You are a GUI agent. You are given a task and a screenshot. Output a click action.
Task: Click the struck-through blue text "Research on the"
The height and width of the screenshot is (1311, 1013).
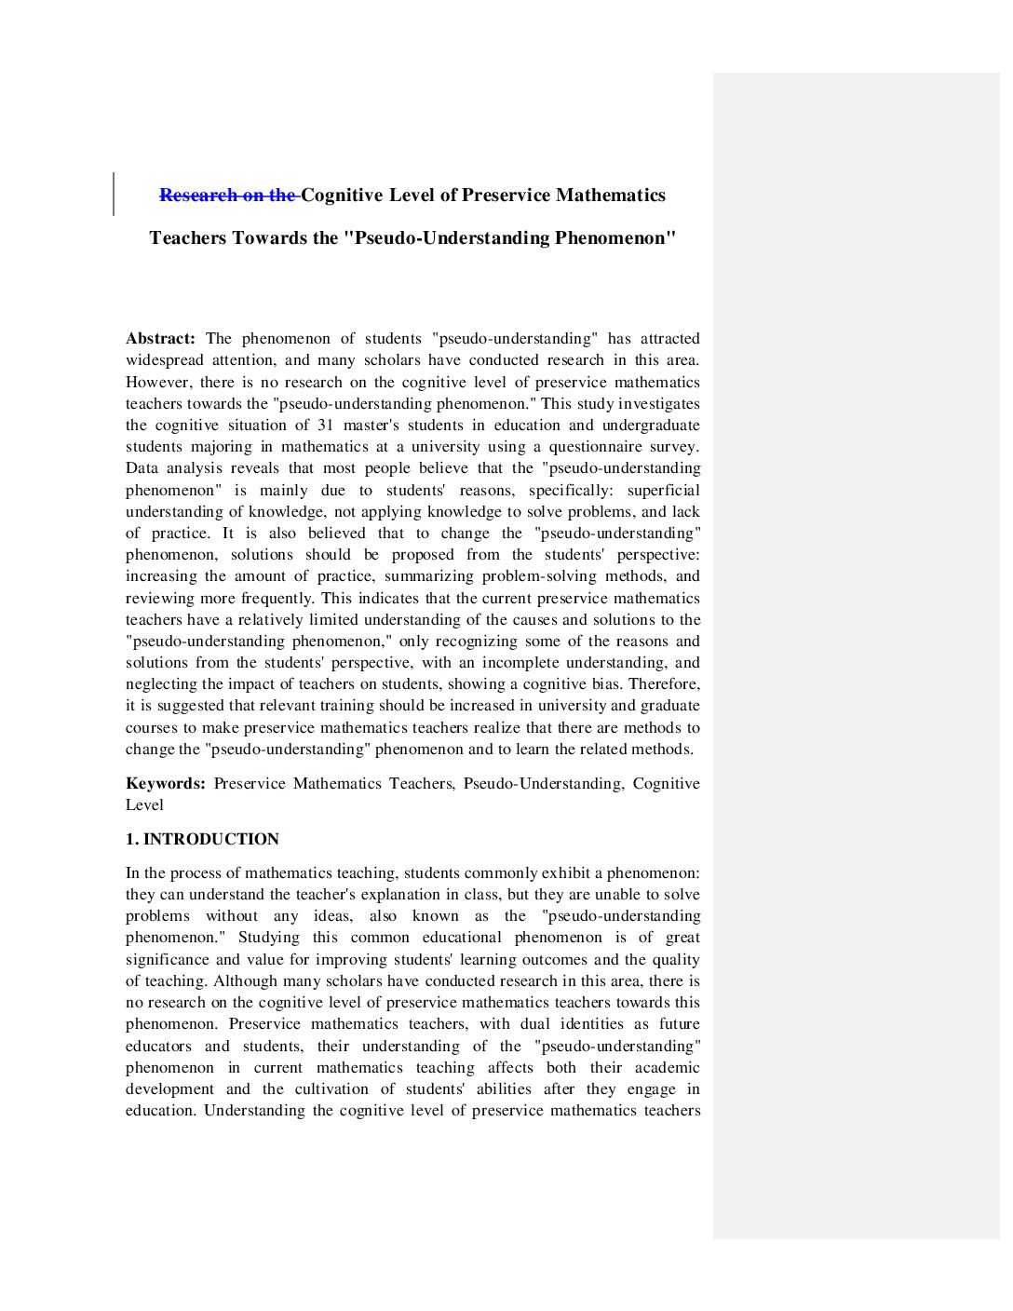[228, 196]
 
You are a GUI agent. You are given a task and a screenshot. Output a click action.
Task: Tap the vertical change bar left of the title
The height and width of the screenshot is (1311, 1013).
[114, 194]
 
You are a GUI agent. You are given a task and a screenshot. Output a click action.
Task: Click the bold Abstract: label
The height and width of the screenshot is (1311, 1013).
[160, 339]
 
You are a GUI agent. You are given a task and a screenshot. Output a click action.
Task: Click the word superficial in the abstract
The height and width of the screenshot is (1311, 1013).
[663, 491]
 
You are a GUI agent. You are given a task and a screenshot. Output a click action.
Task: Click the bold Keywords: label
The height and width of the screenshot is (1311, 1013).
[166, 784]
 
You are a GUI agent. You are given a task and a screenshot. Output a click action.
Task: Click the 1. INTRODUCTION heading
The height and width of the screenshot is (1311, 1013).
[202, 840]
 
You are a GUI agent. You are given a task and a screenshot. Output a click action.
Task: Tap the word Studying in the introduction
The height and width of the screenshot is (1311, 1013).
[268, 938]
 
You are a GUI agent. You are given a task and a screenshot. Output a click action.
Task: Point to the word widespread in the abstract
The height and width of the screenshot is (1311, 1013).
[165, 360]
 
